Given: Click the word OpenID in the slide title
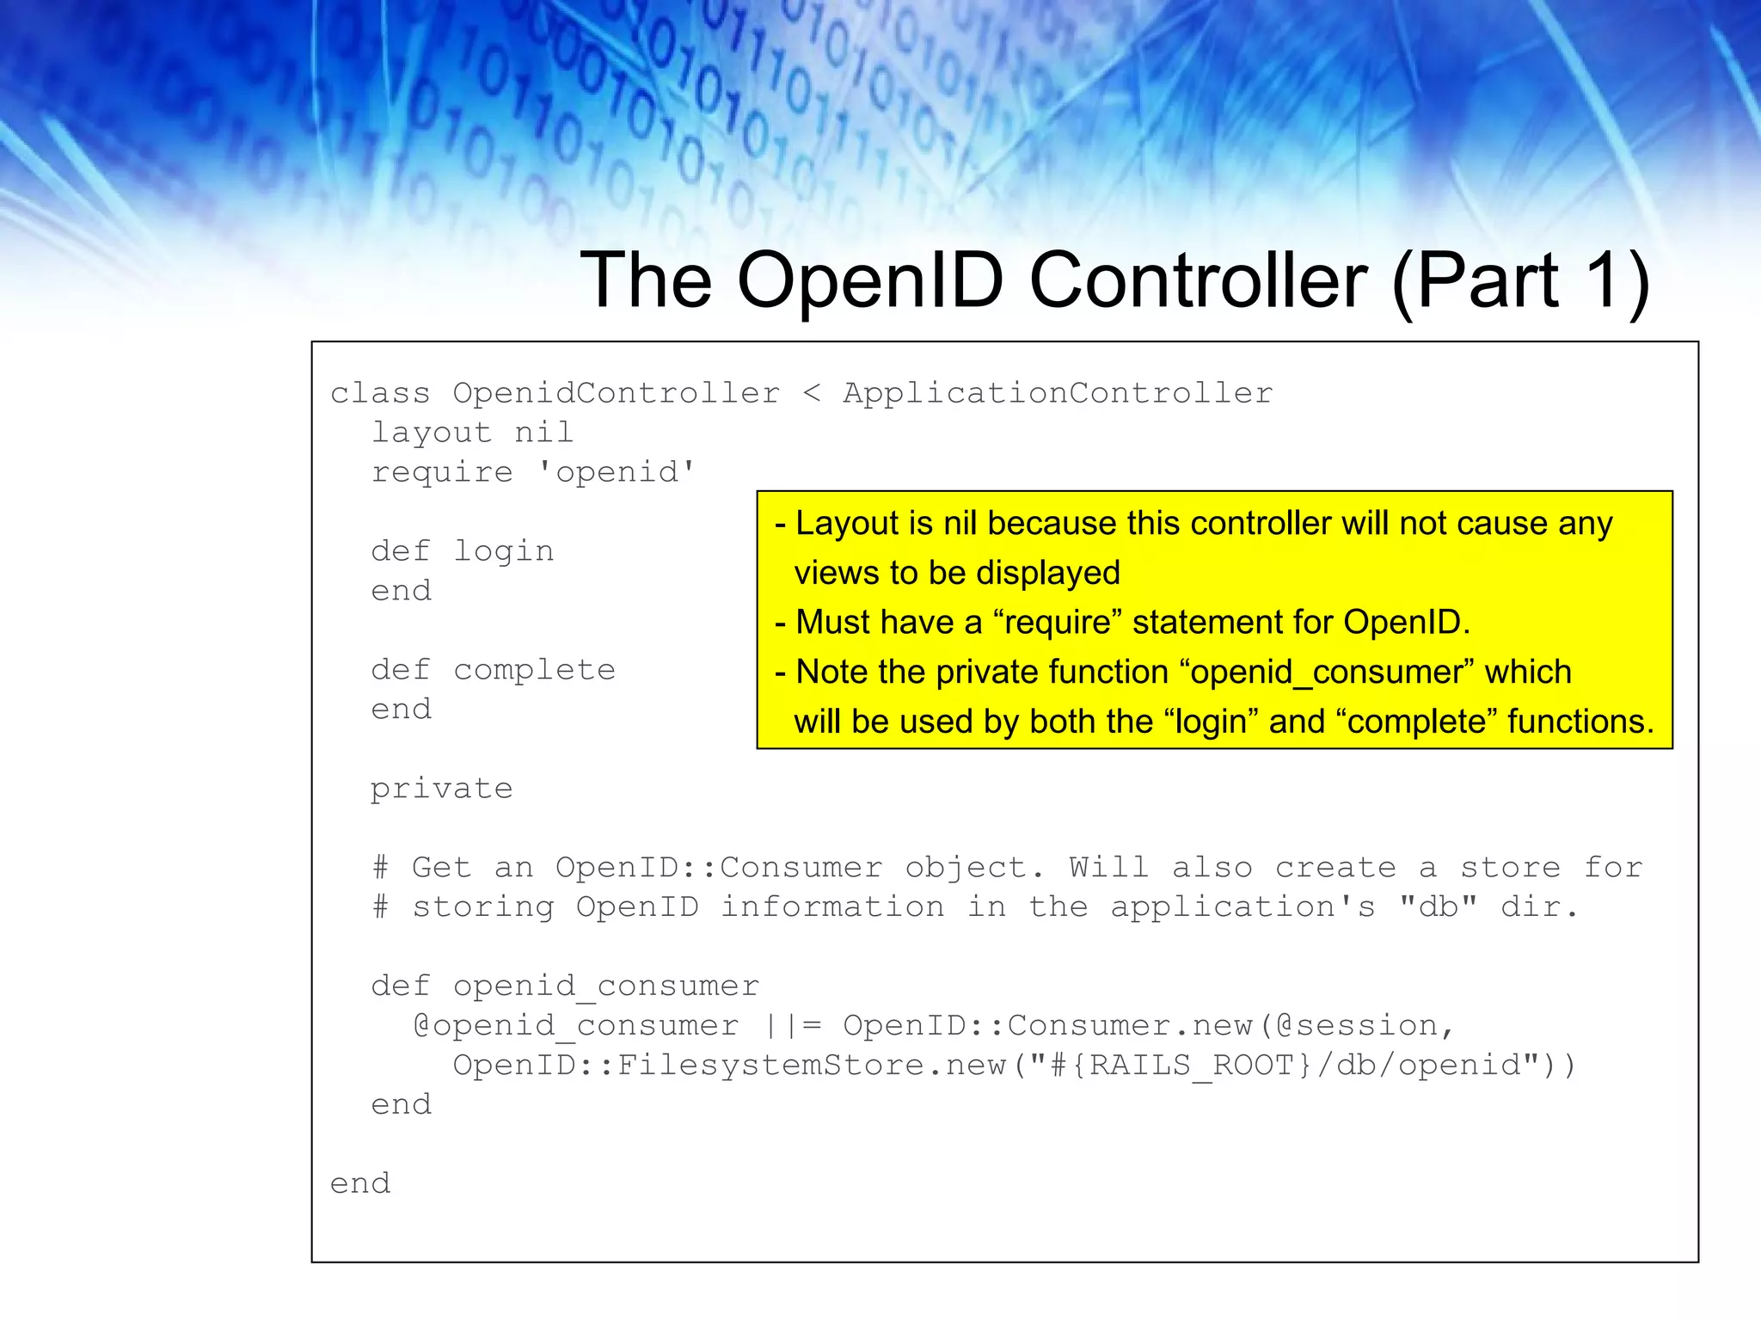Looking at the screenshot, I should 870,280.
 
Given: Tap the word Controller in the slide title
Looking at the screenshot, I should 1198,280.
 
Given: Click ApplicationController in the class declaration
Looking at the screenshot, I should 1058,393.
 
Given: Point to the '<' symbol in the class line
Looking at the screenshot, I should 812,394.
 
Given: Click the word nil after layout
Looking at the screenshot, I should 543,433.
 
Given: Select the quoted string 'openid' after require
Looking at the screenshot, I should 617,472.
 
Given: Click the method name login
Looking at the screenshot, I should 504,551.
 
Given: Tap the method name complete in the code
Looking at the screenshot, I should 534,670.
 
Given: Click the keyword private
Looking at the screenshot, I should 441,789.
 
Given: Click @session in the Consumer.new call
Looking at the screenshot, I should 1356,1026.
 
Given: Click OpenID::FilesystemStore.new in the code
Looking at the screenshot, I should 729,1066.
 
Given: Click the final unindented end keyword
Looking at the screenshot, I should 360,1184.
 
